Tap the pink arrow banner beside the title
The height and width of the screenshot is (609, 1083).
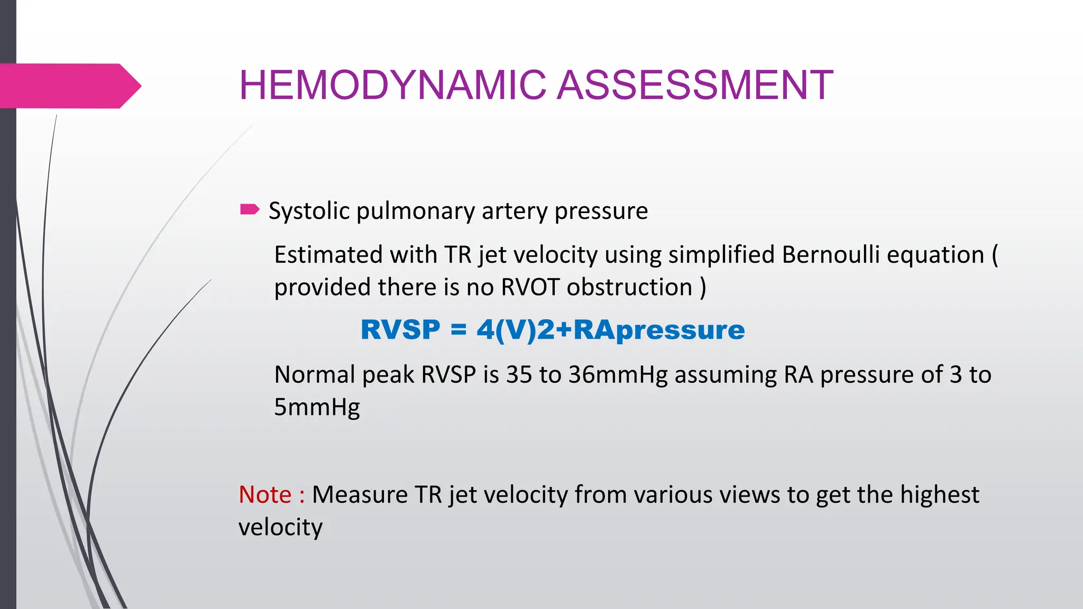pyautogui.click(x=69, y=86)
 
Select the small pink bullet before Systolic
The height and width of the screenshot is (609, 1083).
pyautogui.click(x=250, y=210)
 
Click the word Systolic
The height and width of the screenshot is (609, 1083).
pyautogui.click(x=309, y=211)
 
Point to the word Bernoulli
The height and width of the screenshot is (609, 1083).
pyautogui.click(x=829, y=255)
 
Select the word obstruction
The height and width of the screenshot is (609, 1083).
pyautogui.click(x=629, y=288)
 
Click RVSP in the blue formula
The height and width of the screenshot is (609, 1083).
pyautogui.click(x=400, y=330)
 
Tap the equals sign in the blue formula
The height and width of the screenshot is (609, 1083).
pyautogui.click(x=458, y=330)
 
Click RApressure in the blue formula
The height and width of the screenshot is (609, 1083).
pyautogui.click(x=659, y=330)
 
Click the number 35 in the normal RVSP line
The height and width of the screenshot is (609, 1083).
pyautogui.click(x=519, y=375)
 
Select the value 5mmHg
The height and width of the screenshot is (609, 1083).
pyautogui.click(x=317, y=408)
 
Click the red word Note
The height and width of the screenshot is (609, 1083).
pyautogui.click(x=265, y=495)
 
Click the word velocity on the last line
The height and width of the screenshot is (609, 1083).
pyautogui.click(x=280, y=528)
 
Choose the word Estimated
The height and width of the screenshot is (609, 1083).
pyautogui.click(x=328, y=255)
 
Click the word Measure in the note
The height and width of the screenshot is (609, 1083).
pyautogui.click(x=360, y=495)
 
